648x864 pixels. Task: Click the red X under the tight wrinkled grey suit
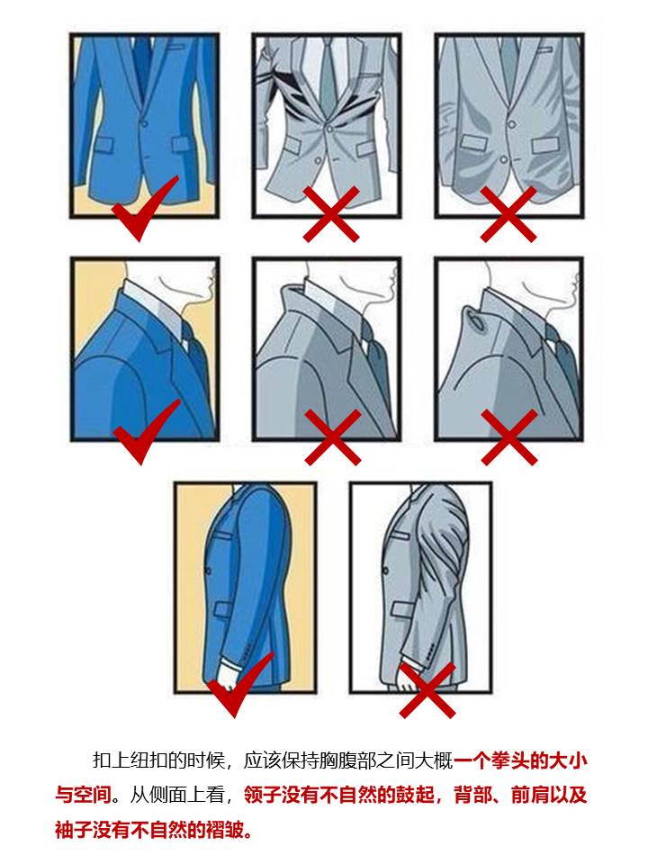point(330,213)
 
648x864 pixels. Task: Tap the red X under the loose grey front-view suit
point(508,213)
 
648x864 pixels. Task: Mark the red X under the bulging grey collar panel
point(509,437)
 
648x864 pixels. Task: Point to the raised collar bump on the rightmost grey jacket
point(474,316)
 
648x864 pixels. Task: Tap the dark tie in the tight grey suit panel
point(330,76)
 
